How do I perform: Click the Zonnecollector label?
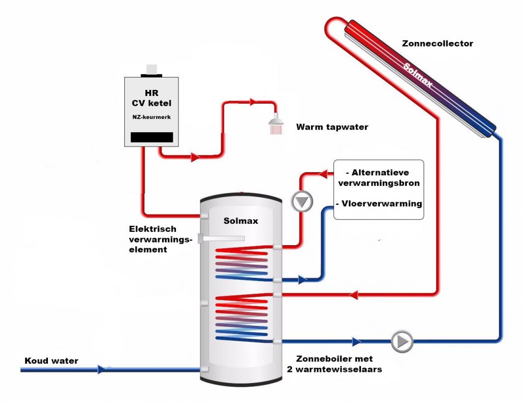pos(437,43)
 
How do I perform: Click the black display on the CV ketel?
pos(152,137)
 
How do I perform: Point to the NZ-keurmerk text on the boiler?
pos(151,117)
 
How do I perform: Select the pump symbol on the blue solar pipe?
pos(402,341)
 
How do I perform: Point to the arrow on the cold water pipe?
pos(103,369)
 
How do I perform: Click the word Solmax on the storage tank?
pos(241,221)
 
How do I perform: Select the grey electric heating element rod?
pos(223,238)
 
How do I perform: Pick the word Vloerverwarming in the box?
pos(380,203)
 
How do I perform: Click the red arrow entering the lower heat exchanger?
pos(353,295)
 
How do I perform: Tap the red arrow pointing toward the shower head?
pos(253,102)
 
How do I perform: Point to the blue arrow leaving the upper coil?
pos(303,280)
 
